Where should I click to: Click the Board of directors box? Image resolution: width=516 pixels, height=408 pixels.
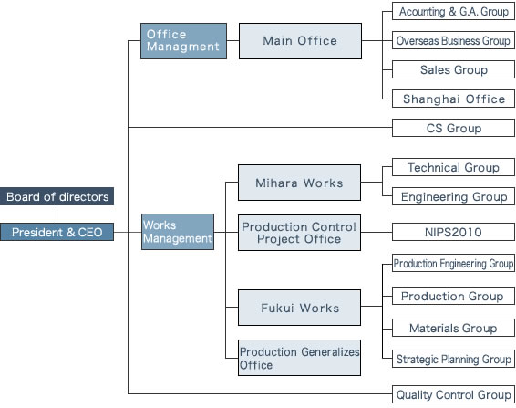(x=57, y=196)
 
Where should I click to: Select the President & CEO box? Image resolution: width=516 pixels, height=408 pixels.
(x=57, y=232)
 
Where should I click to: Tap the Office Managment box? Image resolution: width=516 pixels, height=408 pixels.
(x=183, y=41)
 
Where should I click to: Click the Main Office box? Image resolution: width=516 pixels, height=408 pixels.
(x=300, y=41)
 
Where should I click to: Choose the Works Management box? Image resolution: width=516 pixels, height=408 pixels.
(x=178, y=232)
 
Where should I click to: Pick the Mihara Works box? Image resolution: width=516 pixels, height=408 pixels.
(x=299, y=183)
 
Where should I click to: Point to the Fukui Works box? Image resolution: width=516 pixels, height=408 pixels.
(x=299, y=308)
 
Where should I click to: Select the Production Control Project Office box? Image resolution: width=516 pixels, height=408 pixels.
(x=299, y=233)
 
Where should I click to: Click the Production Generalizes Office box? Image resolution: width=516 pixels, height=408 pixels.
(x=299, y=358)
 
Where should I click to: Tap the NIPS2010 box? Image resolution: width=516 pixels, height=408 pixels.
(x=453, y=232)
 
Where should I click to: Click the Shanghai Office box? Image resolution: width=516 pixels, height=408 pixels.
(x=453, y=99)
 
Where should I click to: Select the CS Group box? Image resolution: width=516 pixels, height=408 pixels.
(x=453, y=128)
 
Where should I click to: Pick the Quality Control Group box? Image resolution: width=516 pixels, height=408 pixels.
(x=453, y=394)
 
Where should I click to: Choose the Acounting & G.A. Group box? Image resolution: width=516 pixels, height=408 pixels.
(x=453, y=11)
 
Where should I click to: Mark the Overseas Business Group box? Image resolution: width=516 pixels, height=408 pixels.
(x=453, y=40)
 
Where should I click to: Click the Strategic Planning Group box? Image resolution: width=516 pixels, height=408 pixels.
(x=453, y=359)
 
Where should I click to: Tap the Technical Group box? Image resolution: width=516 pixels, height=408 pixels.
(x=453, y=167)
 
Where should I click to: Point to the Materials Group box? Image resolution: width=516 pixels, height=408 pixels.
(x=453, y=328)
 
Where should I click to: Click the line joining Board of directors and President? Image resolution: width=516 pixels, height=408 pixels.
(x=57, y=214)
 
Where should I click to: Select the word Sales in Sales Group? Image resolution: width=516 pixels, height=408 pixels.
(x=435, y=69)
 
